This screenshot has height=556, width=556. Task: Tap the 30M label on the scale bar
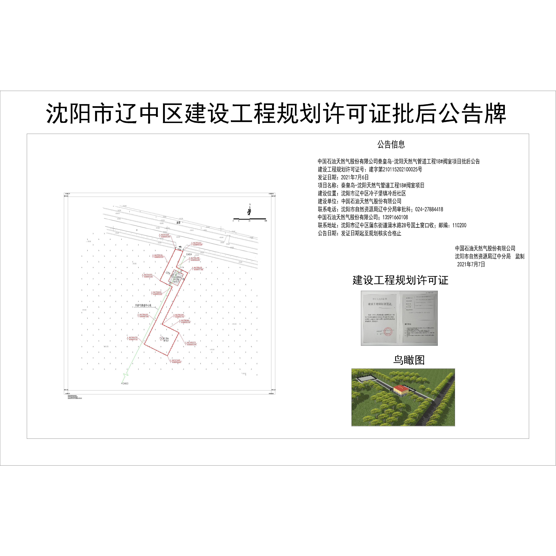[265, 221]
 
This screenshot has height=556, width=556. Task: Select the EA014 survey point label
[189, 254]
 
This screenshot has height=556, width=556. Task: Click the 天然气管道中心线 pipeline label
[143, 305]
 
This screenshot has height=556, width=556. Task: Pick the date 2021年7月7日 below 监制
[471, 264]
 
